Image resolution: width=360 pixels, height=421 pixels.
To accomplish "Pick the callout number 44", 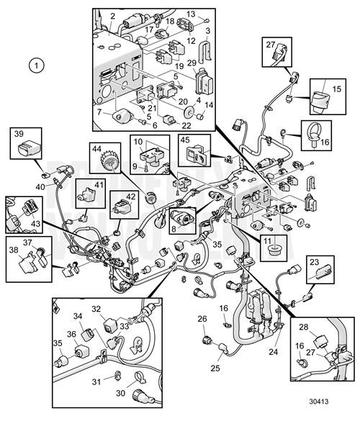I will click(96, 149).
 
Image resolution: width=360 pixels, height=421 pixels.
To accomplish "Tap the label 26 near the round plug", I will click(202, 317).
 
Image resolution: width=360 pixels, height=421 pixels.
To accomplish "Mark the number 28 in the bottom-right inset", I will click(304, 328).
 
